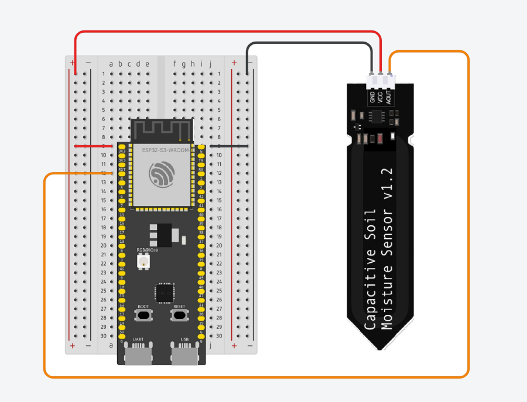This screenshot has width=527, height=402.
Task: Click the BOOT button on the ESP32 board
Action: [143, 315]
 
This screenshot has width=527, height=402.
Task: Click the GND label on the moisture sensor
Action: [372, 97]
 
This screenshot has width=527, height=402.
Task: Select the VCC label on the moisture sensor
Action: [379, 97]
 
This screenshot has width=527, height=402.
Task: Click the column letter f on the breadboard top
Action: [174, 64]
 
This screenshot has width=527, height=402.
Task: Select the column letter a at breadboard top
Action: [111, 64]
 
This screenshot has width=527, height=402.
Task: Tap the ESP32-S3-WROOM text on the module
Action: [166, 150]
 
